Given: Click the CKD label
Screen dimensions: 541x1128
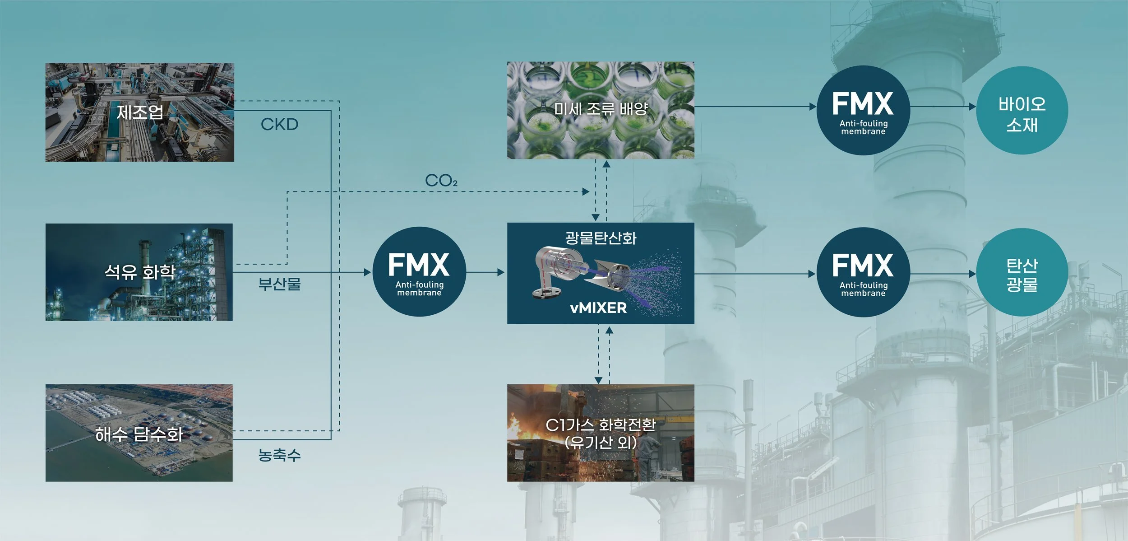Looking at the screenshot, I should [x=279, y=125].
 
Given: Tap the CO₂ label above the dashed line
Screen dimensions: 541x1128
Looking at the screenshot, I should [x=441, y=181].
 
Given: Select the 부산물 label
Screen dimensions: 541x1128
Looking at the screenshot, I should [x=279, y=284].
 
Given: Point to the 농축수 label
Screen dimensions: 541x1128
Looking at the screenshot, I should [x=279, y=455].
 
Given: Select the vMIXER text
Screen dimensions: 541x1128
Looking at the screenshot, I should [x=598, y=308].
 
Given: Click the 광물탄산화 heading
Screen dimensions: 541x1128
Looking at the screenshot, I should [x=601, y=238].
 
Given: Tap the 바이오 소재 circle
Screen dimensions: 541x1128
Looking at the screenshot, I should [x=1022, y=111].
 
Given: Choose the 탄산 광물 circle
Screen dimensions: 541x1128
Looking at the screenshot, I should [x=1022, y=273].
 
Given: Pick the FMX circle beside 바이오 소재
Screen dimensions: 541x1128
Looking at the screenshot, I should [x=863, y=111].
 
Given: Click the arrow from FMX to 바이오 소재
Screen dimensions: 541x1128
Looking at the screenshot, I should [x=943, y=107].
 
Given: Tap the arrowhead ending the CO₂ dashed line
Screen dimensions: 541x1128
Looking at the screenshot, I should [x=586, y=192].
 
